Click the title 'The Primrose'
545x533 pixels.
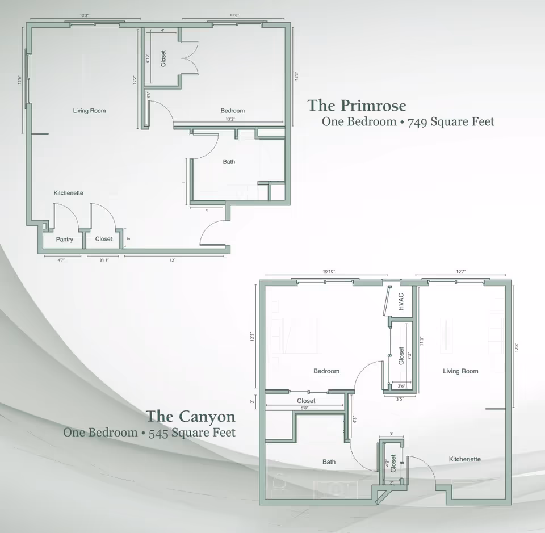coord(357,106)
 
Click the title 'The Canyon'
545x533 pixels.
coord(191,416)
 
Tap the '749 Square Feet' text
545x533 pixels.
coord(451,121)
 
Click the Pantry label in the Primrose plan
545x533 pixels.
coord(65,240)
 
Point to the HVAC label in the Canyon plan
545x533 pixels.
coord(401,301)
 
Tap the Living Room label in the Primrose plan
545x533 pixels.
coord(90,111)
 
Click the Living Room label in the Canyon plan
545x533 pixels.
coord(460,371)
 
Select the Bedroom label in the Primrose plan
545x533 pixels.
coord(233,111)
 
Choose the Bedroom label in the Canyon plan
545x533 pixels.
coord(326,371)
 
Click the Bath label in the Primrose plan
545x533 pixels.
coord(229,162)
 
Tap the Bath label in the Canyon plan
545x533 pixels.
coord(329,462)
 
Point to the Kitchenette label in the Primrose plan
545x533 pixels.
coord(69,193)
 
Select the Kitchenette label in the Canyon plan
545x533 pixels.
coord(465,459)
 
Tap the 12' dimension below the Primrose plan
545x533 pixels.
coord(172,261)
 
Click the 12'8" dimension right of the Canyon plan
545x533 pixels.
coord(518,347)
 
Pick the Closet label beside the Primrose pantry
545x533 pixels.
coord(104,239)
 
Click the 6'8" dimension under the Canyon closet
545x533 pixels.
coord(305,408)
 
